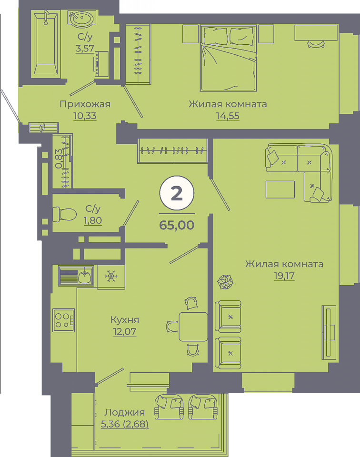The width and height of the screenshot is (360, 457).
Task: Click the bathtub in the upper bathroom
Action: [x=46, y=44]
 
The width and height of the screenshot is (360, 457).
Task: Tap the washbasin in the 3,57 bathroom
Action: [x=81, y=19]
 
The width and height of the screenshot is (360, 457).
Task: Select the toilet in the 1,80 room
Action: [x=64, y=214]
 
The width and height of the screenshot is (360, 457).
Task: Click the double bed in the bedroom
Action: [x=228, y=58]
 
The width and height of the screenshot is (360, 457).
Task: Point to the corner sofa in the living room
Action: [x=299, y=172]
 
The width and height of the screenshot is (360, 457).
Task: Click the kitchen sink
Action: [x=76, y=276]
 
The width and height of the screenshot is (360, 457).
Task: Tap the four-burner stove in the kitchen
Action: [x=63, y=320]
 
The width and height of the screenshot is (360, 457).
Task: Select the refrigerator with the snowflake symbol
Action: [x=111, y=277]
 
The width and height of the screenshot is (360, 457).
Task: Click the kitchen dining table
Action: [x=193, y=327]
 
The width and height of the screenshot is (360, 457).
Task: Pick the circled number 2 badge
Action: [x=177, y=193]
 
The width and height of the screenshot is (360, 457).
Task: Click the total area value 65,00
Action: [x=177, y=225]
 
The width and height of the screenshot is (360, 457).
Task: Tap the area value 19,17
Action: [x=284, y=276]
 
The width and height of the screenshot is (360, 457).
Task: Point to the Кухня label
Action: [x=125, y=320]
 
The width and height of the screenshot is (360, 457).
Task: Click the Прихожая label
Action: [x=85, y=104]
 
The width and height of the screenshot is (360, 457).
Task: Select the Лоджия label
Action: [x=124, y=412]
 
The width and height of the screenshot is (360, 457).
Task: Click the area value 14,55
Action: [x=228, y=116]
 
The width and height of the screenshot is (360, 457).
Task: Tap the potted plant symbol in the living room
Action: [x=225, y=282]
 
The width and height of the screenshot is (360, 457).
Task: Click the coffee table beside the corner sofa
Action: [x=280, y=189]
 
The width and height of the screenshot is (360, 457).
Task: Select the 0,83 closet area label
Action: [x=59, y=159]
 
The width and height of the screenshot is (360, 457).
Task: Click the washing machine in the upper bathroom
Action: [x=101, y=64]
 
